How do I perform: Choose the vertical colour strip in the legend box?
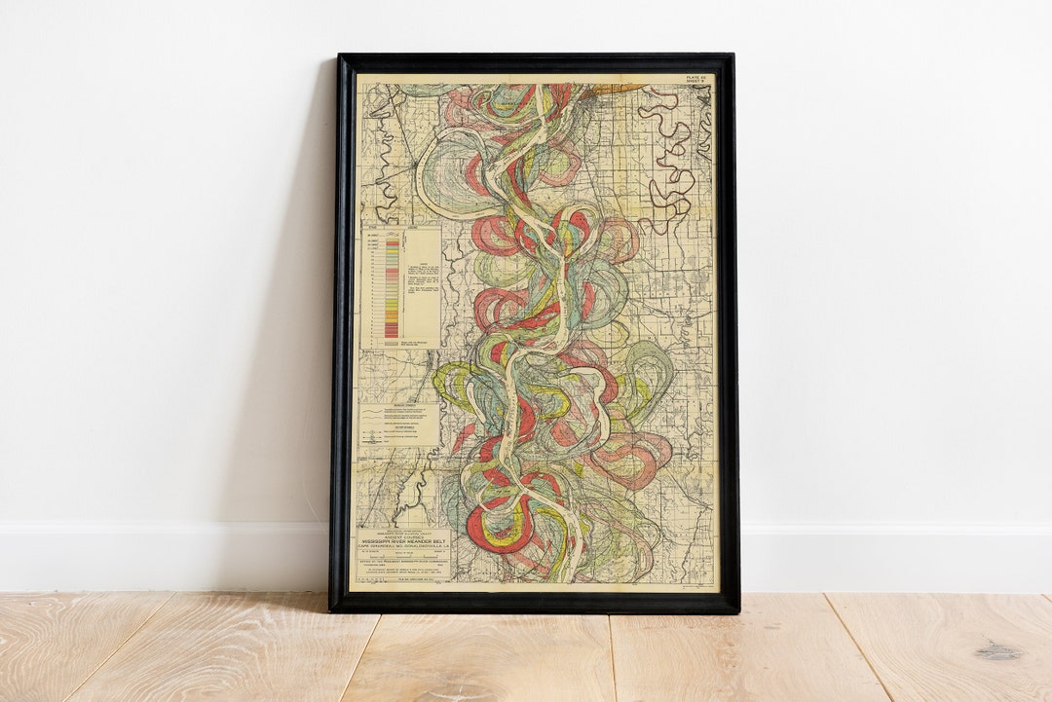(x=391, y=286)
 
